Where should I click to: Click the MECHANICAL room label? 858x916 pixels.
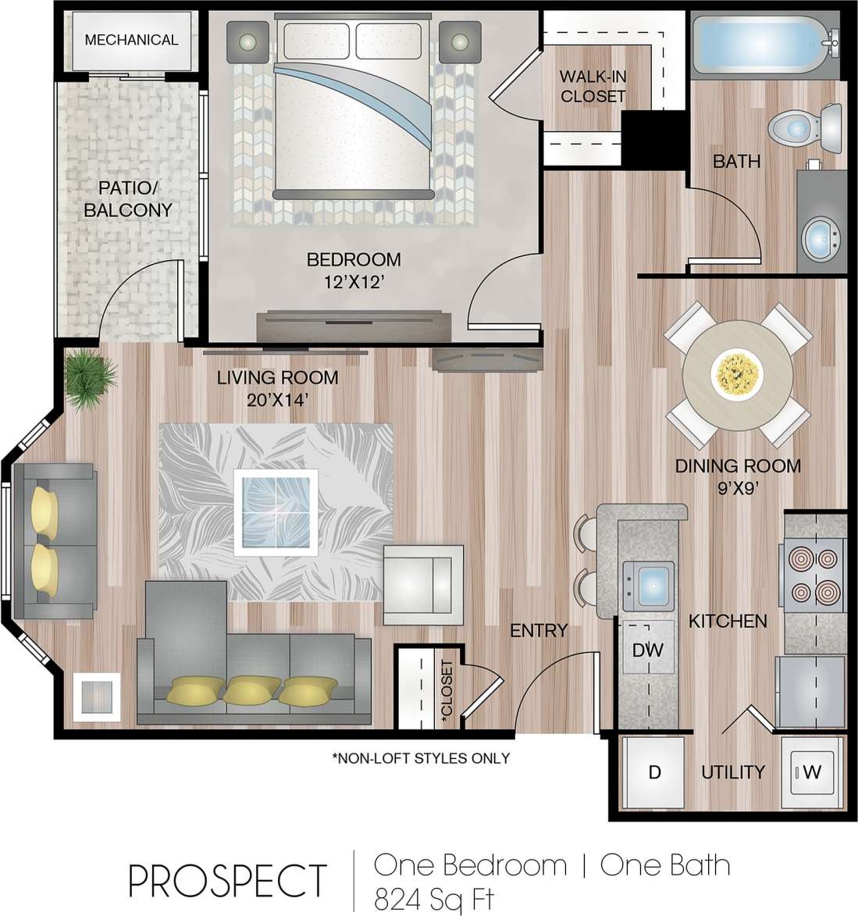131,40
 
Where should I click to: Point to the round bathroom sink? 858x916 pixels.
821,234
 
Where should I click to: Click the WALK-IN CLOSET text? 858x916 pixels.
593,87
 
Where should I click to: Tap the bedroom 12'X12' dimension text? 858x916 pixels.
354,282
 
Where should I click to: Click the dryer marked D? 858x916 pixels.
654,772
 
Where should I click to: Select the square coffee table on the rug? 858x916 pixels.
276,511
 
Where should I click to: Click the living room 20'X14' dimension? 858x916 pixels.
277,401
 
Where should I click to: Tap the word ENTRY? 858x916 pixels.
538,630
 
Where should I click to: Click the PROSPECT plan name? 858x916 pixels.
227,881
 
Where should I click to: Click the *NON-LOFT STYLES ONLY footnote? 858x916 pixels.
421,758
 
